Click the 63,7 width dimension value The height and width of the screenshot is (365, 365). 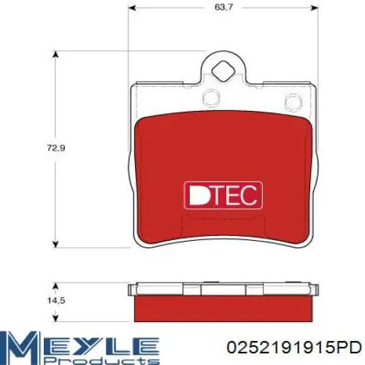pyautogui.click(x=220, y=7)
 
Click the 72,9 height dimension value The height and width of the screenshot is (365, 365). pyautogui.click(x=56, y=148)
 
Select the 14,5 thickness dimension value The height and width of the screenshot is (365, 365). pyautogui.click(x=56, y=301)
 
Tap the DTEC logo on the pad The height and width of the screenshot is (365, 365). pyautogui.click(x=223, y=196)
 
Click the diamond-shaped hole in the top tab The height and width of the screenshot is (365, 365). pyautogui.click(x=223, y=72)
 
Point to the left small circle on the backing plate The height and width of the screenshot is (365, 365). pyautogui.click(x=211, y=98)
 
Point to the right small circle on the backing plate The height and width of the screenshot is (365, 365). pyautogui.click(x=293, y=101)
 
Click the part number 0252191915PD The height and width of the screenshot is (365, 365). pyautogui.click(x=293, y=347)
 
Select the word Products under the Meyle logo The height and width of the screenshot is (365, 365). pyautogui.click(x=101, y=361)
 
